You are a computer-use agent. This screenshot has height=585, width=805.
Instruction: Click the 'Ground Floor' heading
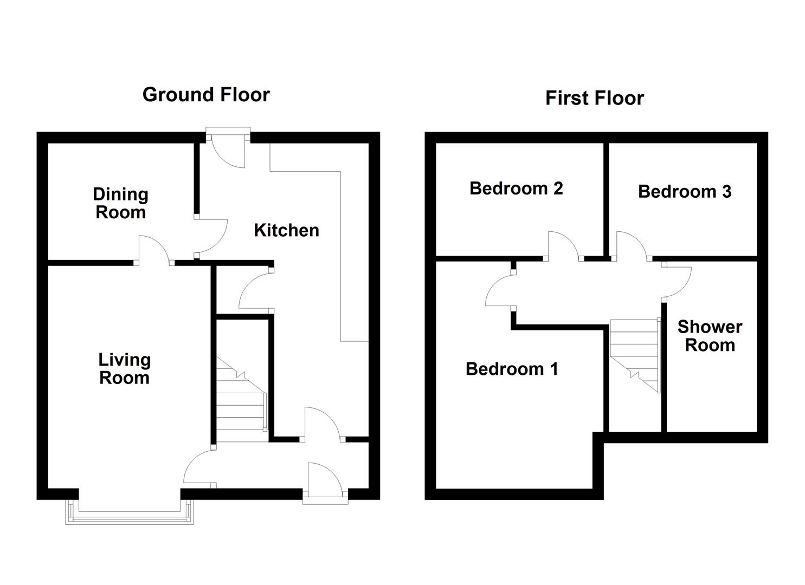[206, 95]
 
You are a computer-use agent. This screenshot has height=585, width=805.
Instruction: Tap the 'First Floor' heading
[595, 98]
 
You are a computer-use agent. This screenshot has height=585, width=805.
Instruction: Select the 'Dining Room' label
[121, 203]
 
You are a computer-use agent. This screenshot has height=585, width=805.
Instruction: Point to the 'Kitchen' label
[286, 230]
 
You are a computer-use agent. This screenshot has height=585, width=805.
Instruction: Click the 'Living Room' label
[124, 369]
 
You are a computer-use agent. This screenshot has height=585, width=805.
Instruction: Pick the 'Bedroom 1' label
[512, 369]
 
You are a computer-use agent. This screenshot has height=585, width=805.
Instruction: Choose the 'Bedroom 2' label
[516, 188]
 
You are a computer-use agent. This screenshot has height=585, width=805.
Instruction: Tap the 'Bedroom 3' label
[685, 191]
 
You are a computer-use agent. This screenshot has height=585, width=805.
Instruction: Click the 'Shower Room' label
[710, 336]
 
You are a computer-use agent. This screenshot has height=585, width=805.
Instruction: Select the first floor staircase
[635, 355]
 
